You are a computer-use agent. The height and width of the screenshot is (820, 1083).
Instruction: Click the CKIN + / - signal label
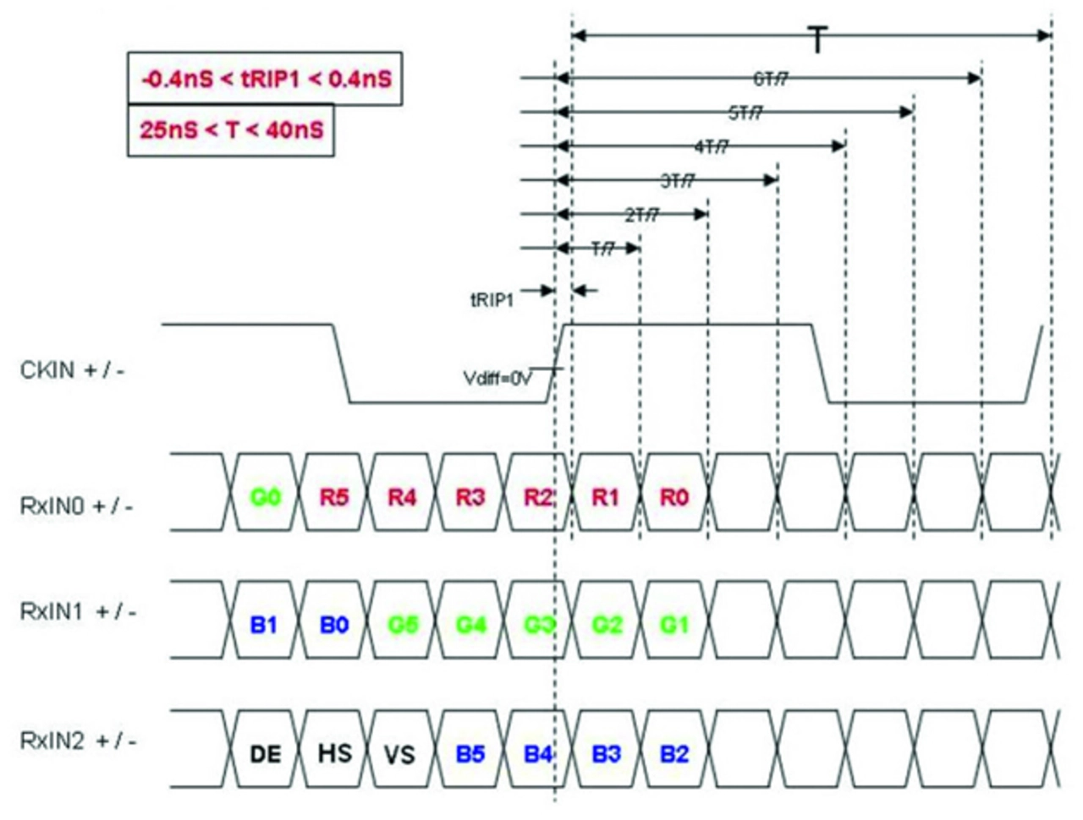tap(72, 370)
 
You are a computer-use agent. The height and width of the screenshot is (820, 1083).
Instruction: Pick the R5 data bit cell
tap(334, 497)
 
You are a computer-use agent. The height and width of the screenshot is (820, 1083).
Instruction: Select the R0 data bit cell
tap(674, 497)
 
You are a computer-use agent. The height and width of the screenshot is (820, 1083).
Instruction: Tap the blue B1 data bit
tap(264, 625)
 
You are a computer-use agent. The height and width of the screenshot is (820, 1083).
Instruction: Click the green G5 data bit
tap(403, 625)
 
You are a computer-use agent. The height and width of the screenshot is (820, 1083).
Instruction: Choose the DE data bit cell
tap(265, 753)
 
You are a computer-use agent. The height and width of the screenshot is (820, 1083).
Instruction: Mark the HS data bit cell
tap(334, 752)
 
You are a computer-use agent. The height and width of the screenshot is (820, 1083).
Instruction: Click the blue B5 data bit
tap(470, 753)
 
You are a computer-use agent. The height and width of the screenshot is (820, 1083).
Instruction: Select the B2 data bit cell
tap(674, 753)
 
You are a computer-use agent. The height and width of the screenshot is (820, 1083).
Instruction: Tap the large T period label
tap(817, 40)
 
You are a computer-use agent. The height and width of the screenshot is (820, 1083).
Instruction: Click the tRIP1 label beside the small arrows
tap(492, 298)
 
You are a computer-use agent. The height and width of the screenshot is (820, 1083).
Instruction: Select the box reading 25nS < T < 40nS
tap(231, 130)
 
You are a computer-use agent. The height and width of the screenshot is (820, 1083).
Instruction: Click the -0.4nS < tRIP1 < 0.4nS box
tap(265, 79)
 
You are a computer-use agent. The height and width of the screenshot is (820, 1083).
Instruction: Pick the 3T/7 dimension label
tap(677, 181)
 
